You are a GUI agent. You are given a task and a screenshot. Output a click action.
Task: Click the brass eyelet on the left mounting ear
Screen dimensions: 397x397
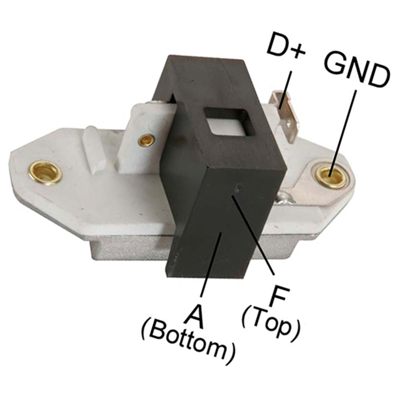(x=45, y=173)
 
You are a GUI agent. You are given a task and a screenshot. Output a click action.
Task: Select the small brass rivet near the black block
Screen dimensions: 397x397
(x=146, y=140)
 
